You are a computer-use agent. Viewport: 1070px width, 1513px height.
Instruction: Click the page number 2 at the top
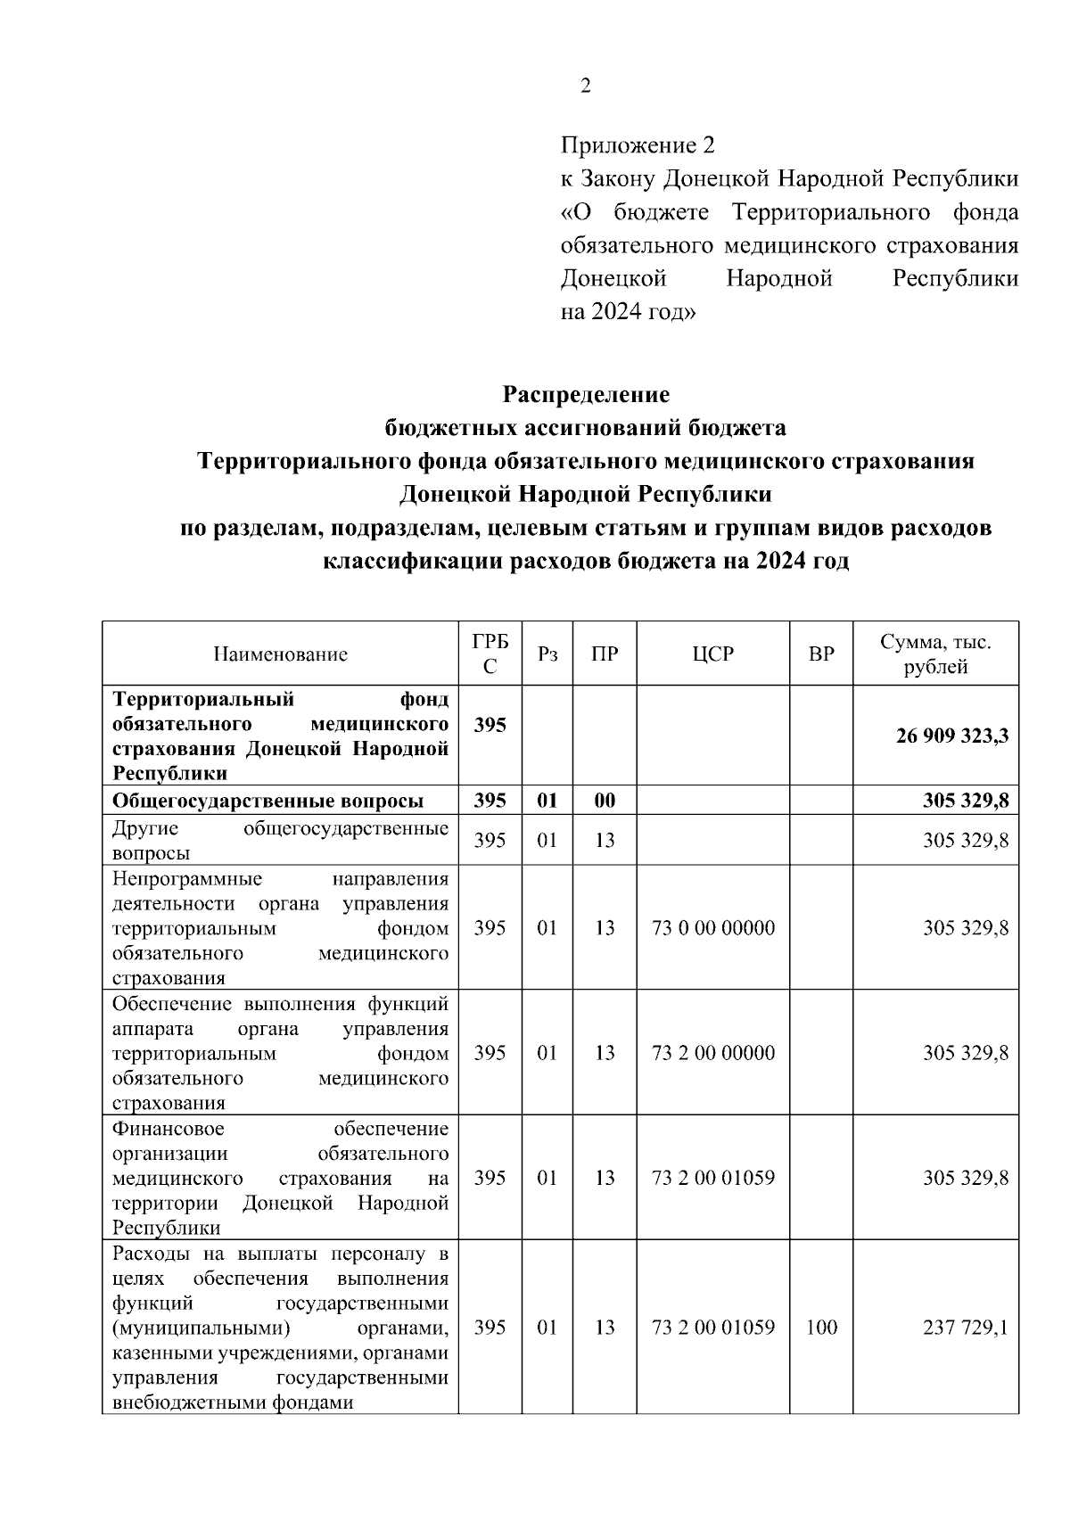pos(585,86)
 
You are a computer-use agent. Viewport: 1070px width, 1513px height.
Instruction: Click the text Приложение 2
pos(638,144)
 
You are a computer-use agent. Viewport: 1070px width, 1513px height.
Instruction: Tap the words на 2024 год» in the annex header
pos(628,313)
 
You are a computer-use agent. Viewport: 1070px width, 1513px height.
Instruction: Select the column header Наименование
pos(280,654)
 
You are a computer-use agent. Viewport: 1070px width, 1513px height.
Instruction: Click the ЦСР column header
pos(712,654)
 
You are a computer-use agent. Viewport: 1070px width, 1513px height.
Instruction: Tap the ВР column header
pos(820,654)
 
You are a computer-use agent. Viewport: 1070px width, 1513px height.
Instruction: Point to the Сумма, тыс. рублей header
pos(935,654)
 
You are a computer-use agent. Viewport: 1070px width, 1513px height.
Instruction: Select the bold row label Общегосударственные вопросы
pos(267,801)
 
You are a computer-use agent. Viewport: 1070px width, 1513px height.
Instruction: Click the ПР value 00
pos(605,801)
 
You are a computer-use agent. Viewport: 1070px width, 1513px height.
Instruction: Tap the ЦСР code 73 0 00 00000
pos(713,928)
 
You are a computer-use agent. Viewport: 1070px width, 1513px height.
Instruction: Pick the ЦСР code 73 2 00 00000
pos(713,1053)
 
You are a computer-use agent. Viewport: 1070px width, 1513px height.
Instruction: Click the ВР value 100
pos(820,1328)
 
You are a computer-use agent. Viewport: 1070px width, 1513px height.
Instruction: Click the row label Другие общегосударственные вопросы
pos(280,841)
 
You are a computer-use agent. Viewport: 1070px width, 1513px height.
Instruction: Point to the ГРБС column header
pos(490,654)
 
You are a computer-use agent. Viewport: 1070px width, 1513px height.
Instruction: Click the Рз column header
pos(547,654)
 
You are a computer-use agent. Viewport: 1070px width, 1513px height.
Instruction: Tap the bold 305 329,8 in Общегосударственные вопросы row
pos(965,801)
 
